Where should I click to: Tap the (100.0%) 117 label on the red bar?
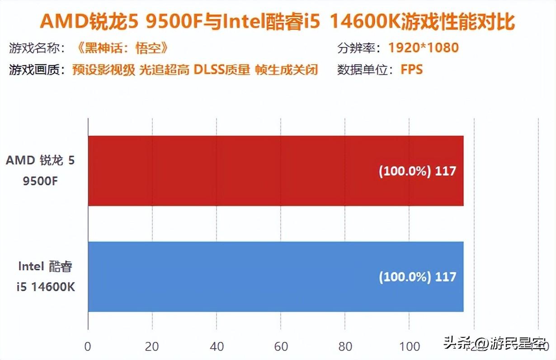coord(417,171)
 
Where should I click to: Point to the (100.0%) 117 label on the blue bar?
coord(417,277)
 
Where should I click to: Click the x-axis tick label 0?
coord(88,346)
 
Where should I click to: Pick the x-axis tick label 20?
coord(152,346)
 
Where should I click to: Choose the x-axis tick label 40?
coord(217,346)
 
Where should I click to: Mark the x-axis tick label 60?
coord(281,346)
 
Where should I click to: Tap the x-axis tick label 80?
coord(345,346)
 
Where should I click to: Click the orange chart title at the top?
coord(278,22)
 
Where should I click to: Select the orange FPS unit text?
coord(411,70)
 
